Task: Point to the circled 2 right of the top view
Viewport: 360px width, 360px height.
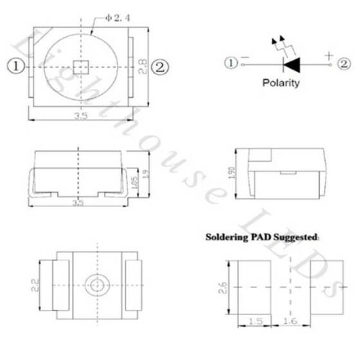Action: [159, 66]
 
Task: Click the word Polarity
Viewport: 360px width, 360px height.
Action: [280, 83]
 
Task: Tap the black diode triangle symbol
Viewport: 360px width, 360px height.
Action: [292, 64]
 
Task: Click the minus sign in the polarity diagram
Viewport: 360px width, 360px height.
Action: [245, 63]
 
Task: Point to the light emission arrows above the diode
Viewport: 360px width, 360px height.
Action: [281, 45]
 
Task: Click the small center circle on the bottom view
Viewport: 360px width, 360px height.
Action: [97, 283]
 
